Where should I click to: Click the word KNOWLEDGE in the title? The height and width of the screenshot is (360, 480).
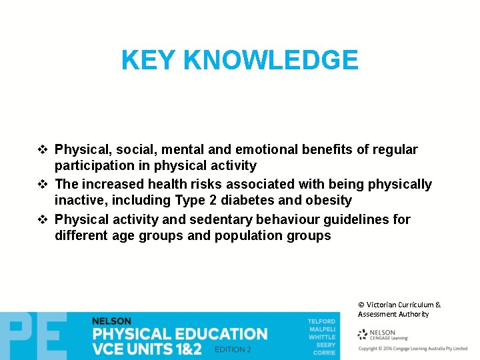[x=270, y=61]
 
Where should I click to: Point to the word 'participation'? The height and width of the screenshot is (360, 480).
[x=91, y=165]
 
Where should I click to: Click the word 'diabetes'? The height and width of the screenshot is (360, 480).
[x=241, y=200]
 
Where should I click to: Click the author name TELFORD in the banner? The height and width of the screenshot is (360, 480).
[x=321, y=321]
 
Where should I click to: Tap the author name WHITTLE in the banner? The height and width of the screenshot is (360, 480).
[x=322, y=337]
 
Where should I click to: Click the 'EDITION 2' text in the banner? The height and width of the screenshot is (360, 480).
[x=233, y=349]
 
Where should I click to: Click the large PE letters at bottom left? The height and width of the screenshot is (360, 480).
[x=33, y=337]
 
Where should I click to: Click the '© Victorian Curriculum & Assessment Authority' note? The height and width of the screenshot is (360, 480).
[x=399, y=309]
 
